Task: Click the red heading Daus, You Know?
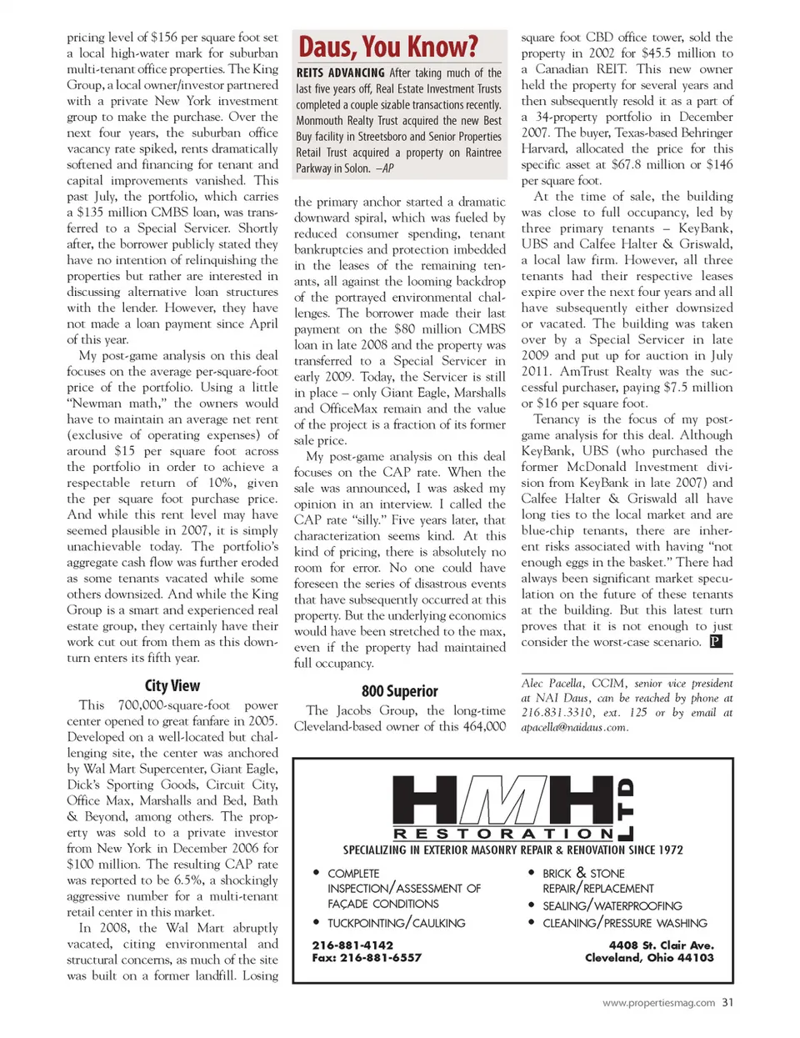point(388,47)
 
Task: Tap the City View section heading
point(172,685)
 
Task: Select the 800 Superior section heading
point(399,690)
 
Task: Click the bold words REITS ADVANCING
point(341,73)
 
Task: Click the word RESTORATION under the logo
point(503,834)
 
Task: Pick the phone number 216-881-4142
point(352,945)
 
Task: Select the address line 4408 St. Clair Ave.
point(661,945)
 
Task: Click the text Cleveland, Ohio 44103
point(649,957)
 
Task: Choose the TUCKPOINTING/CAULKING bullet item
point(396,923)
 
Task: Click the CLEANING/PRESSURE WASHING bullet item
point(624,923)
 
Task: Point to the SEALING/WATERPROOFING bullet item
point(612,905)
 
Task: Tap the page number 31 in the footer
point(727,1002)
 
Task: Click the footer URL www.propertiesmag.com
point(658,1003)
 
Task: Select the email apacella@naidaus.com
point(574,727)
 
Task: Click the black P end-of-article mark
point(715,641)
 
